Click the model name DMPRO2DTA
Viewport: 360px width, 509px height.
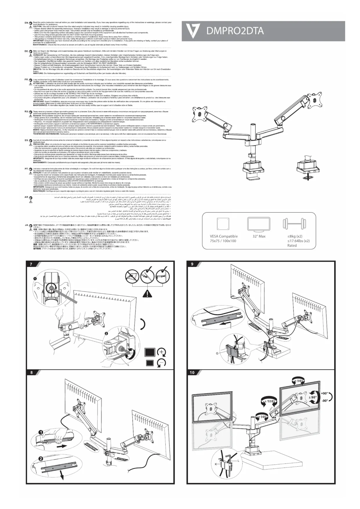pyautogui.click(x=235, y=31)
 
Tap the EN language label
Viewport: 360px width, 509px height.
pyautogui.click(x=26, y=22)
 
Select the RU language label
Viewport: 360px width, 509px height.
pyautogui.click(x=26, y=111)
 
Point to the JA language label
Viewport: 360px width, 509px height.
pyautogui.click(x=26, y=225)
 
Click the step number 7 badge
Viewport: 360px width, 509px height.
pyautogui.click(x=31, y=264)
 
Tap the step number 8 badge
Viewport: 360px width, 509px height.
pyautogui.click(x=31, y=373)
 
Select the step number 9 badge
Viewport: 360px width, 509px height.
pyautogui.click(x=192, y=264)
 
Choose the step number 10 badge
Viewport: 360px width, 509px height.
pyautogui.click(x=192, y=373)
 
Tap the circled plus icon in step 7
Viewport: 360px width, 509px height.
pyautogui.click(x=161, y=352)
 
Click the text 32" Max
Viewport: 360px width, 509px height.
pyautogui.click(x=259, y=236)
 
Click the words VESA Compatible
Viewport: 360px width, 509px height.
pyautogui.click(x=224, y=236)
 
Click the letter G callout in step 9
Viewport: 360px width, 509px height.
pyautogui.click(x=217, y=353)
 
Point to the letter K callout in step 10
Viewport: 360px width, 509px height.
pyautogui.click(x=216, y=464)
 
